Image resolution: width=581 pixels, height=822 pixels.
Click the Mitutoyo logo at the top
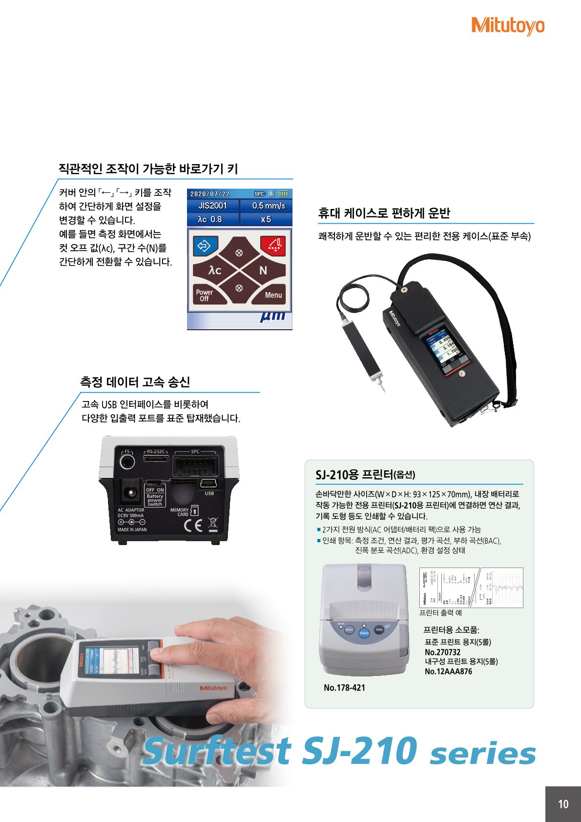tap(507, 25)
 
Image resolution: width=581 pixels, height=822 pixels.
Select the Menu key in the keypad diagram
tap(273, 295)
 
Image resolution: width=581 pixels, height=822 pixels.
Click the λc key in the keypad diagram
tap(215, 270)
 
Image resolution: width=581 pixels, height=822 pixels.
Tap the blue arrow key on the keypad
tap(204, 245)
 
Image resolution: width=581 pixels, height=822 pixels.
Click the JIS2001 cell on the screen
tap(213, 206)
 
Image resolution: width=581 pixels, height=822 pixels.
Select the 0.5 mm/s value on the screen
tap(268, 206)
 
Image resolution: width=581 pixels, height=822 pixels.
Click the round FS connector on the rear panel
tap(127, 461)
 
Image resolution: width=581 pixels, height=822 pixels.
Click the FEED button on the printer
tap(379, 630)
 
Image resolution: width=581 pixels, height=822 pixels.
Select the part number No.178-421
tap(344, 688)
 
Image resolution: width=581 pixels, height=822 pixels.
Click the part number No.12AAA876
tap(448, 672)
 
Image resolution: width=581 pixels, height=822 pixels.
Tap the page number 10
tap(563, 804)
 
